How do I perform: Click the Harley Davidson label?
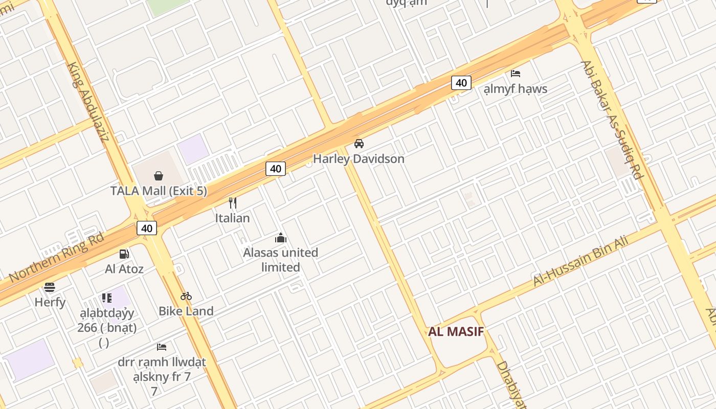pyautogui.click(x=359, y=158)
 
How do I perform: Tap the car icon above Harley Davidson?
pyautogui.click(x=359, y=144)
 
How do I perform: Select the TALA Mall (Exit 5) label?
pyautogui.click(x=159, y=191)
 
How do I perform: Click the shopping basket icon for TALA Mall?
pyautogui.click(x=159, y=176)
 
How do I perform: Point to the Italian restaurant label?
pyautogui.click(x=232, y=218)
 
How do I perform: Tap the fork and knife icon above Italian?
pyautogui.click(x=233, y=203)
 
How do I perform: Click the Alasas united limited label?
pyautogui.click(x=280, y=259)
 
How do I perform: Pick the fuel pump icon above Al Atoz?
pyautogui.click(x=124, y=254)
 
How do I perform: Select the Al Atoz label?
pyautogui.click(x=124, y=268)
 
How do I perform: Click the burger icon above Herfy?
pyautogui.click(x=50, y=287)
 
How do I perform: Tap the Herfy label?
pyautogui.click(x=50, y=302)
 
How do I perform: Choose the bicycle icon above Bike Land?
pyautogui.click(x=186, y=296)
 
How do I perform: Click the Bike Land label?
pyautogui.click(x=186, y=311)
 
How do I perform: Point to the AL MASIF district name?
pyautogui.click(x=456, y=331)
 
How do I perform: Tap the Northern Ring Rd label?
pyautogui.click(x=57, y=257)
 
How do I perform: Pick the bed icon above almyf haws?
pyautogui.click(x=516, y=74)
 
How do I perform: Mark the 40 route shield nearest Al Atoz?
pyautogui.click(x=147, y=228)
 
